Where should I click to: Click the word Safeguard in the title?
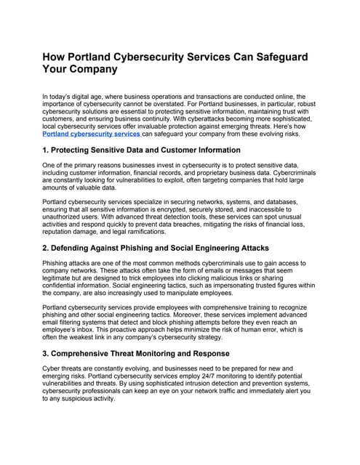pyautogui.click(x=280, y=57)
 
